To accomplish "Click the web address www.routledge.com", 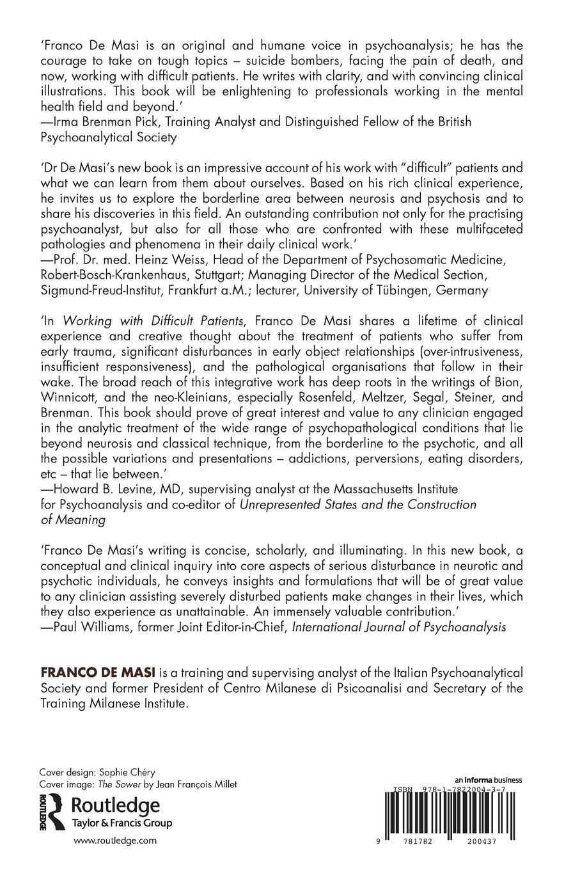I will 114,841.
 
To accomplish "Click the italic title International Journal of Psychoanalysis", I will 399,627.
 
